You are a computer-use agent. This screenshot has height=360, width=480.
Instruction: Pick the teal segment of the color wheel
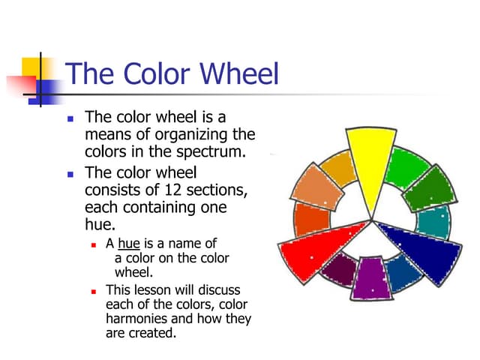[x=433, y=222]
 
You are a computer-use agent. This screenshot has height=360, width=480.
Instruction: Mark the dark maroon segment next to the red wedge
[x=336, y=268]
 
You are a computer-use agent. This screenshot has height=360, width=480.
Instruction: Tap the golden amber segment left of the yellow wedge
[x=336, y=169]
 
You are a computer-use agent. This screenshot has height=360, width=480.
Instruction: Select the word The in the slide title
[x=87, y=73]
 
